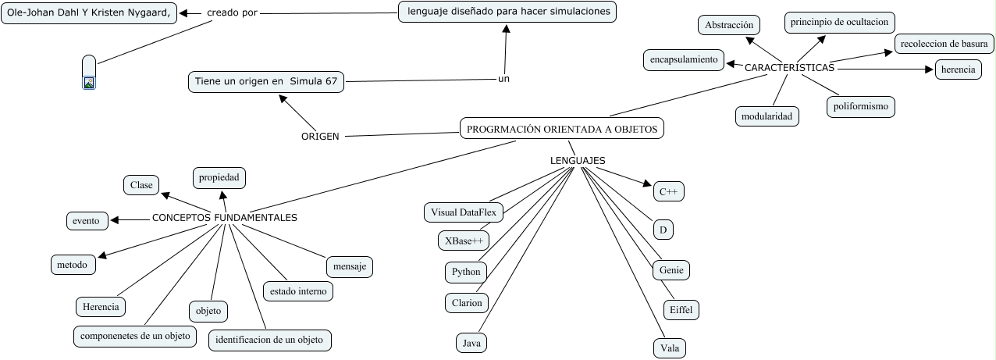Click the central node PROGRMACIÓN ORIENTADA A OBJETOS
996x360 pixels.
[562, 129]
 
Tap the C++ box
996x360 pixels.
[667, 191]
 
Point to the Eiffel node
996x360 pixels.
[680, 310]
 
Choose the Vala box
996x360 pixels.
[670, 348]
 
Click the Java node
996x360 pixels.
[471, 342]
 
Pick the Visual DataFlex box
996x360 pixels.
[464, 212]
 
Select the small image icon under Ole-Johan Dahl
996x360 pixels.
[89, 82]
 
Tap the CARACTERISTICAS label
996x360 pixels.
[789, 68]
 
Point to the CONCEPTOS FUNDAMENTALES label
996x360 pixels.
[225, 218]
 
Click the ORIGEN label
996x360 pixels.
[320, 137]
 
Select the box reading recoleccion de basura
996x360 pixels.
[944, 45]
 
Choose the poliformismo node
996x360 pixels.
[860, 106]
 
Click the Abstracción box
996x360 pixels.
[728, 26]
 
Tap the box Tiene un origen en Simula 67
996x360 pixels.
[266, 81]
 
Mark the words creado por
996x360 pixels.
[232, 13]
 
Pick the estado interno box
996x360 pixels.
[298, 291]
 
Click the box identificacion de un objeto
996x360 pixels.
[270, 340]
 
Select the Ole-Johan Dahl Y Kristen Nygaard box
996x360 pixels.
[89, 13]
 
